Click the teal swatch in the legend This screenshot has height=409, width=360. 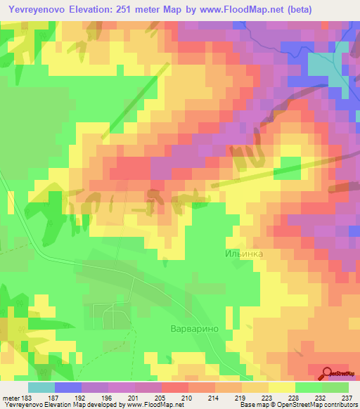coord(41,387)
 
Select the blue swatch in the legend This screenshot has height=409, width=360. coord(67,387)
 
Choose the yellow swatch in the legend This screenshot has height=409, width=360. coord(281,387)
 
